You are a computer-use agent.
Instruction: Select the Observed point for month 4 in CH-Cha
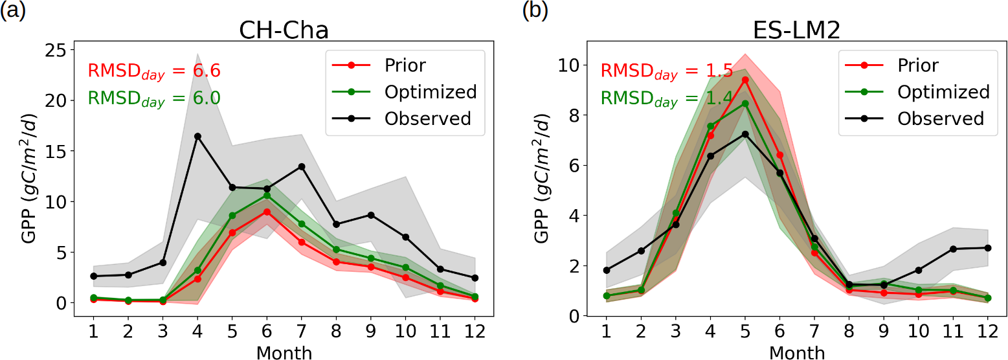(x=197, y=136)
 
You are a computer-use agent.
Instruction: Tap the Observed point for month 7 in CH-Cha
(x=302, y=166)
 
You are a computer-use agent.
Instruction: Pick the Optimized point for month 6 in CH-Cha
(x=267, y=195)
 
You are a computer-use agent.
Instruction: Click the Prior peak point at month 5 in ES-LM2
(x=745, y=80)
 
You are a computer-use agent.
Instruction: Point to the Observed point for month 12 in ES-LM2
(x=988, y=248)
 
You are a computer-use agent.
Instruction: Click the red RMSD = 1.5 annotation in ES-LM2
(x=667, y=71)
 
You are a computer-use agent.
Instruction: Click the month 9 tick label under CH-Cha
(x=371, y=332)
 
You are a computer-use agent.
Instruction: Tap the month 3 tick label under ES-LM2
(x=675, y=332)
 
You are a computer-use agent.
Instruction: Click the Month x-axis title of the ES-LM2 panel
(x=797, y=352)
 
